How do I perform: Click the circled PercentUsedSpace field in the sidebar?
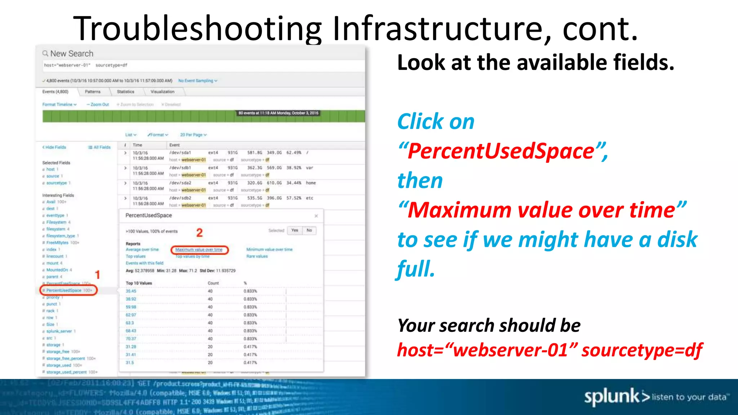(68, 290)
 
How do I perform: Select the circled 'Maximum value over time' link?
(199, 250)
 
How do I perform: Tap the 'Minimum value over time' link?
(269, 249)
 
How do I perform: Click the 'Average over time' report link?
(142, 249)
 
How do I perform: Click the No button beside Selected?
(309, 231)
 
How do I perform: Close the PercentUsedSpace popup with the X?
(316, 216)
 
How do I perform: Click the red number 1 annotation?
(97, 275)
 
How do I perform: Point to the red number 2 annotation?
(199, 233)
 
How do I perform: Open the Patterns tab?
(93, 92)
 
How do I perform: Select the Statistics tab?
(125, 92)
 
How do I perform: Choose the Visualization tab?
(162, 92)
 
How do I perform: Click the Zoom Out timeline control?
(98, 104)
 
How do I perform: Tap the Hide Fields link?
(54, 147)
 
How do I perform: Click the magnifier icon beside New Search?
(45, 54)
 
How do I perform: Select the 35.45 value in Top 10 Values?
(131, 291)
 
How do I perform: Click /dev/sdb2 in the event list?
(180, 198)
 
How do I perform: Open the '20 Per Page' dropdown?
(193, 135)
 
